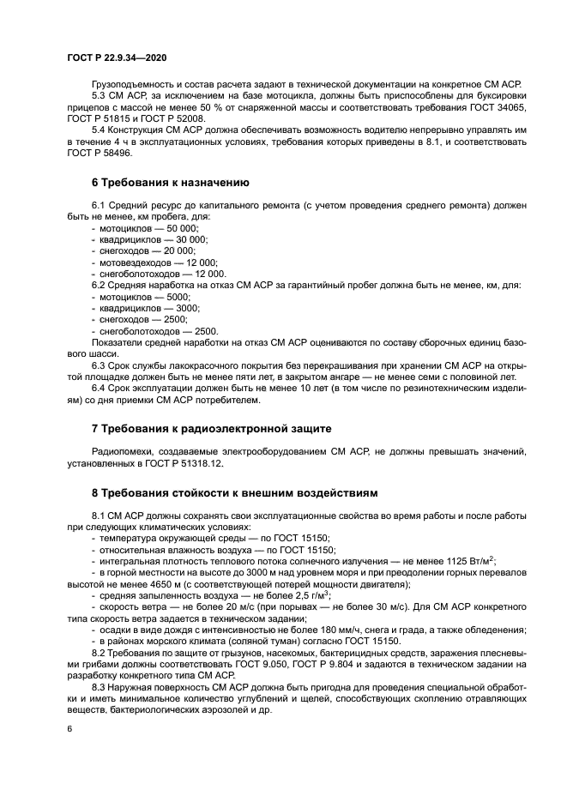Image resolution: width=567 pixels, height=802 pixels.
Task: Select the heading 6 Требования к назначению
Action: (170, 182)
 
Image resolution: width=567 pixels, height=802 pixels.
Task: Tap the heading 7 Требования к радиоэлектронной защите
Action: (210, 427)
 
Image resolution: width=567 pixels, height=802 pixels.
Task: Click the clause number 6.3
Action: (100, 364)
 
